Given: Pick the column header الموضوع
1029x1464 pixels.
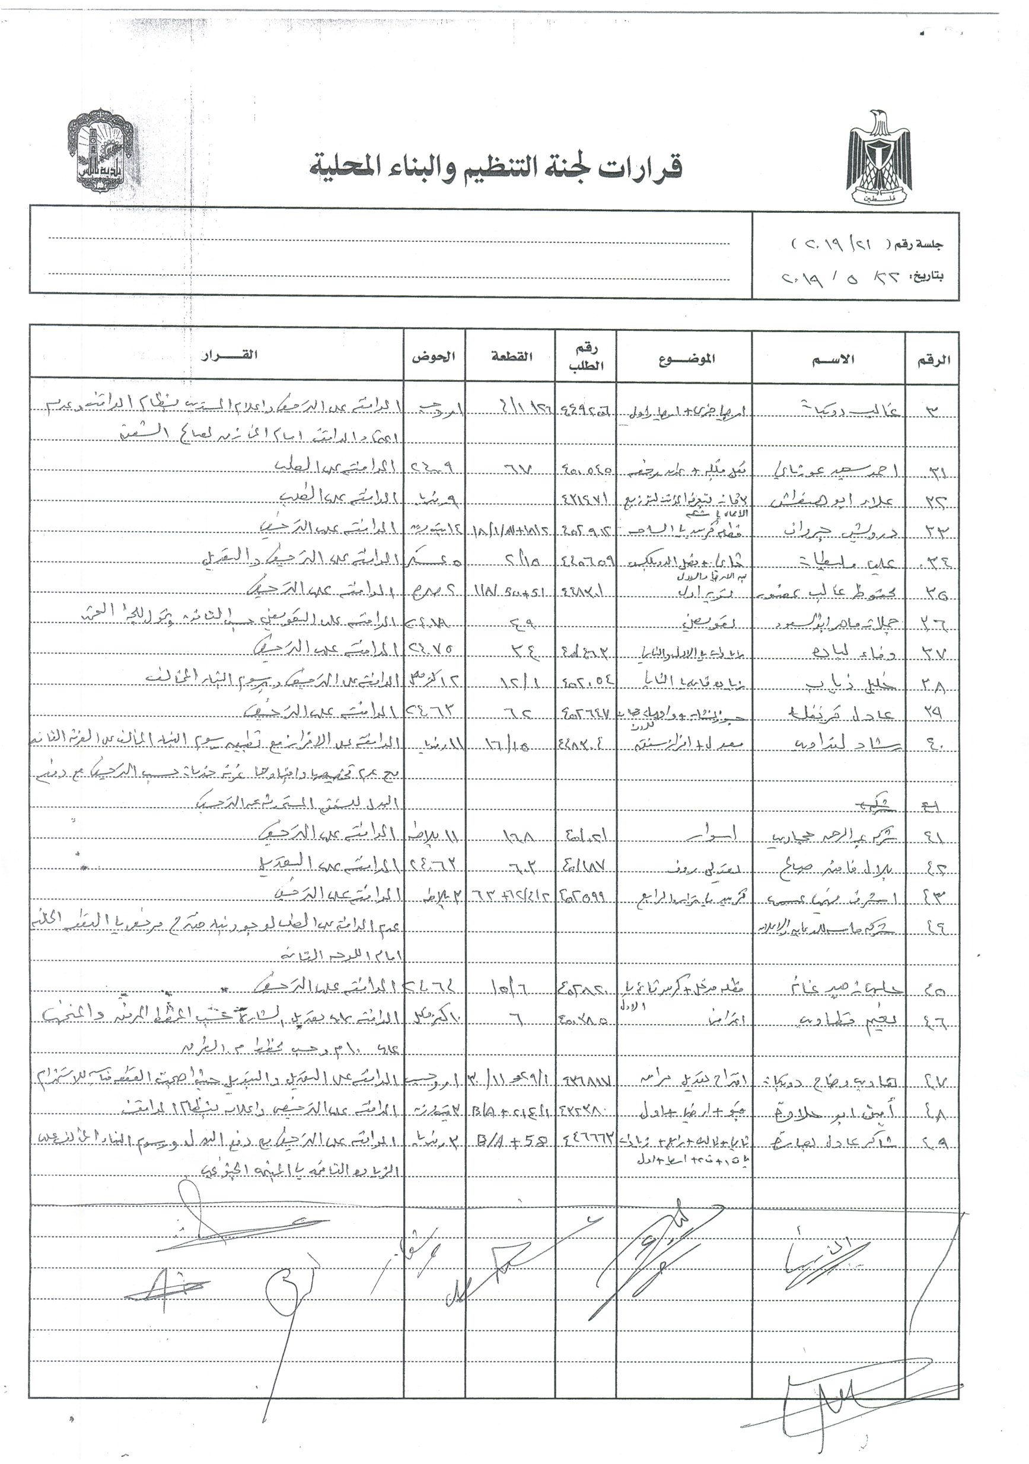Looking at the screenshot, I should pos(686,359).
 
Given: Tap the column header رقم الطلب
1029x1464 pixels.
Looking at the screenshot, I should pos(585,357).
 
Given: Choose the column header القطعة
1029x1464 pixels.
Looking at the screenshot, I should pos(511,357).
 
